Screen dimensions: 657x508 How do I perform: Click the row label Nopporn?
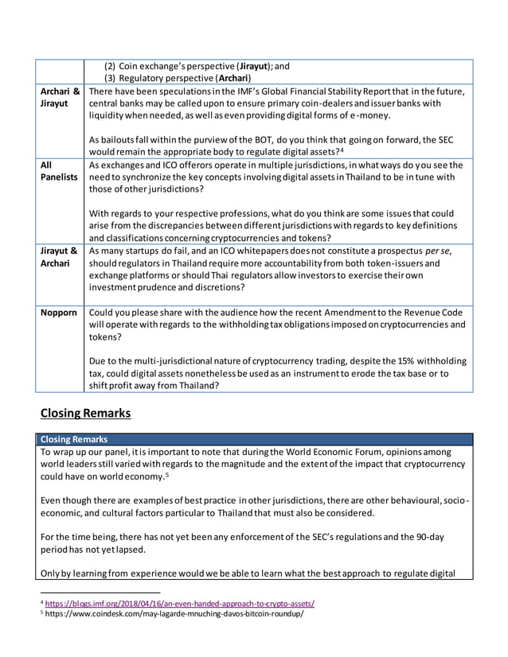tap(61, 313)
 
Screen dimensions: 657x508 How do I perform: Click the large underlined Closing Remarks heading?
tap(85, 413)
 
